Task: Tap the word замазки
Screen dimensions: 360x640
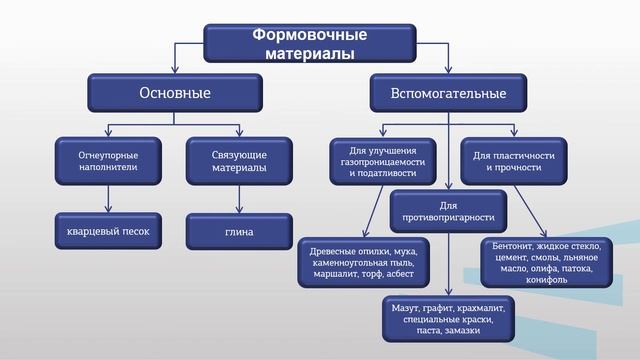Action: click(x=463, y=331)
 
